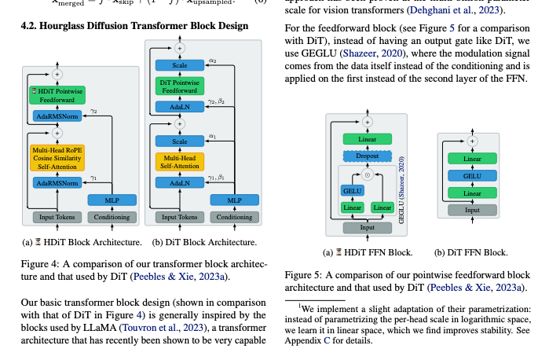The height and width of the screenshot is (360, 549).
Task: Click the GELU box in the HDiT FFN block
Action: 351,190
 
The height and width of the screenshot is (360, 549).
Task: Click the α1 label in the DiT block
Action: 212,134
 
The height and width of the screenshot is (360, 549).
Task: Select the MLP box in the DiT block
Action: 233,200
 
